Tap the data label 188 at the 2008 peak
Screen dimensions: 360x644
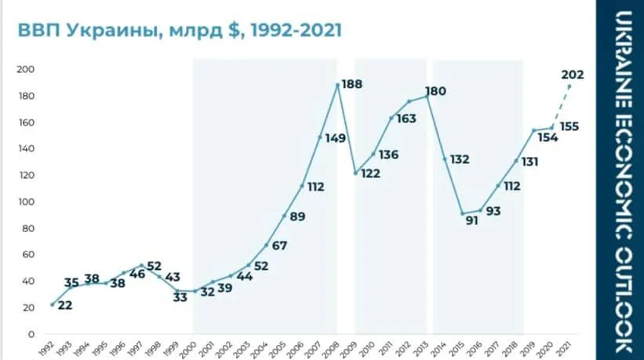pos(351,84)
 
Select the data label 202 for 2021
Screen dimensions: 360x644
pos(573,75)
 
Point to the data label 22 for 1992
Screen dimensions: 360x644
pos(65,305)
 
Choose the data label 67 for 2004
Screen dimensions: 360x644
pos(280,245)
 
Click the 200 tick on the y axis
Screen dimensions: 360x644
pos(26,70)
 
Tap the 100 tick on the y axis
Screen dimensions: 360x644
pos(26,202)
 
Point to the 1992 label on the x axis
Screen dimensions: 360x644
pos(50,347)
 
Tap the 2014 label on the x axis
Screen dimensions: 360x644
pos(443,347)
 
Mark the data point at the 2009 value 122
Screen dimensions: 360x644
pos(355,173)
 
